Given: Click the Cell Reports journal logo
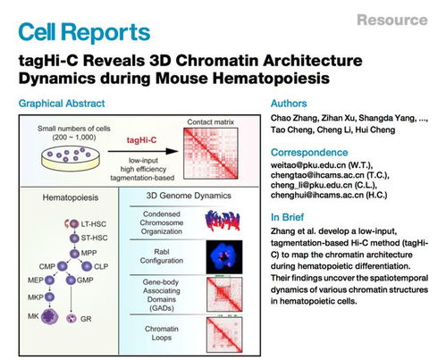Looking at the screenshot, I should click(84, 34).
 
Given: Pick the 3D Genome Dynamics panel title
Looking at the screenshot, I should click(189, 195).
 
